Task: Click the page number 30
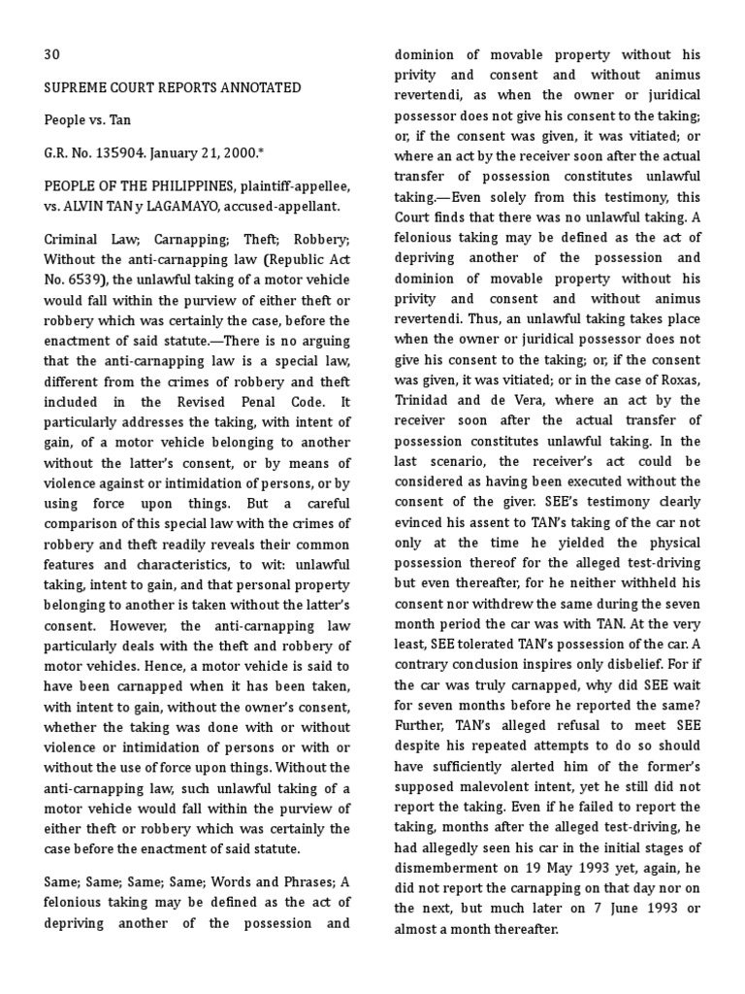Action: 52,55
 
